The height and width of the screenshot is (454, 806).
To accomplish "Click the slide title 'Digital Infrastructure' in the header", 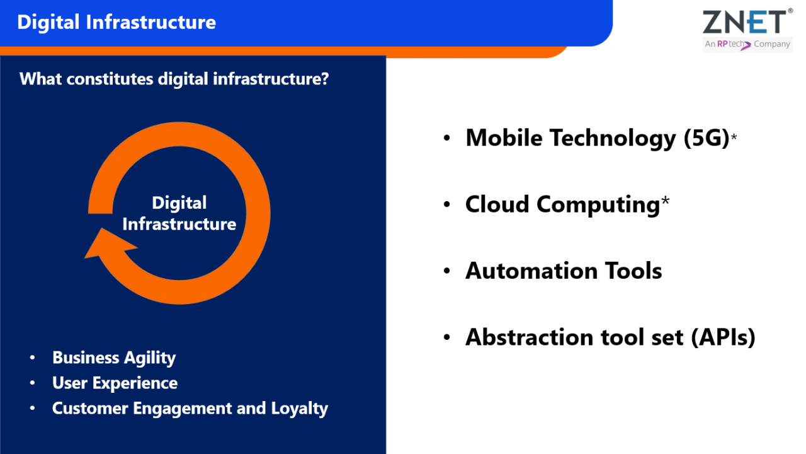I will click(116, 22).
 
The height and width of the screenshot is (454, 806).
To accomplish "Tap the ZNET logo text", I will click(744, 22).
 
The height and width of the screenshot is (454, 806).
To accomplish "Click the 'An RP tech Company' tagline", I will click(747, 44).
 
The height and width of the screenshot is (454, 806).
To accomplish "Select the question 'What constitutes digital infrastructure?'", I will click(174, 79).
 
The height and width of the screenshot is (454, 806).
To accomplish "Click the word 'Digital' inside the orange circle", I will click(179, 203).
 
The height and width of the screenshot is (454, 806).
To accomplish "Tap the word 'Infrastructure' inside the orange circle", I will click(179, 224).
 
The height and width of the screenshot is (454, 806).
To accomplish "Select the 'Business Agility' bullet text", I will click(114, 358).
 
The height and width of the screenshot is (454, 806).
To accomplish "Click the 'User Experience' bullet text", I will click(115, 383).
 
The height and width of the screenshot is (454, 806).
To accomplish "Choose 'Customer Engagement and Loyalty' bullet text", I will click(190, 408).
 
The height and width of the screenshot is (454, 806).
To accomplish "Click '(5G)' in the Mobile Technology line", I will click(706, 137).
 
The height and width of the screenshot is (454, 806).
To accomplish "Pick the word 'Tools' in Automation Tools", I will click(632, 271).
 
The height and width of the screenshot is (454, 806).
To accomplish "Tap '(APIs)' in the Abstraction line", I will click(722, 337).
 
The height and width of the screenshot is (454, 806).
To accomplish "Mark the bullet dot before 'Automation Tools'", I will click(447, 271).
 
